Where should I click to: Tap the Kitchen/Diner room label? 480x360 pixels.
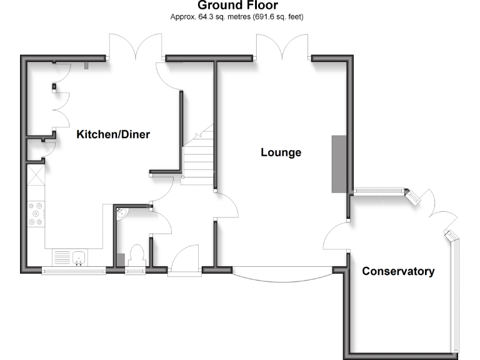113,134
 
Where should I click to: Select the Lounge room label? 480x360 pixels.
281,152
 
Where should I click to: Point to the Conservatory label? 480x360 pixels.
398,271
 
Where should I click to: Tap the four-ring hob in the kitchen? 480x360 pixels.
36,213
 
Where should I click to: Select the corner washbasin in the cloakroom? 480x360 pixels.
122,214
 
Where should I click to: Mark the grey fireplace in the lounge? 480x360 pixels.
338,164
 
